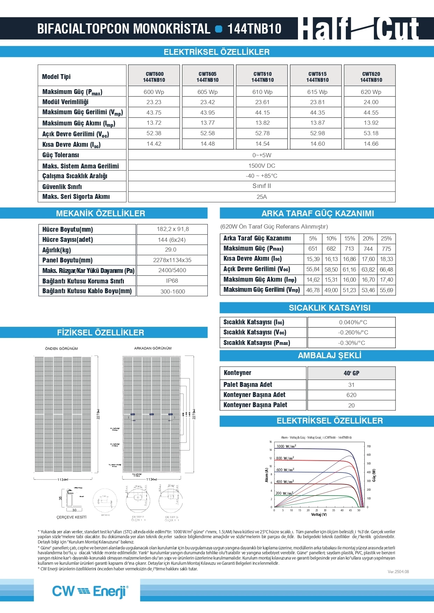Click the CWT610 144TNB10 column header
coord(262,77)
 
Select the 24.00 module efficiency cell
coord(371,102)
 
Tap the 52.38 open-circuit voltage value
coord(154,133)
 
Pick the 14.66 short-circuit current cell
coord(371,144)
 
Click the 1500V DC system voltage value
coord(262,166)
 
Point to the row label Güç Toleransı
coord(61,155)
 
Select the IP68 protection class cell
coord(172,281)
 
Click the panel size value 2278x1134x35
coord(172,260)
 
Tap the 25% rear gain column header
coord(386,238)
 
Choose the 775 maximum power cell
coord(386,249)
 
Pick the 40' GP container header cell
coord(351,373)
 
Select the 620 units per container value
coord(351,395)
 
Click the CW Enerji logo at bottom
coord(90,591)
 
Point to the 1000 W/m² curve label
coord(286,446)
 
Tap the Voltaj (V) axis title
coord(319,514)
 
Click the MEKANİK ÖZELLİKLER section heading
coord(100,214)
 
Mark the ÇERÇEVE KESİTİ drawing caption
coord(71,517)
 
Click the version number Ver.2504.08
coord(398,572)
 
